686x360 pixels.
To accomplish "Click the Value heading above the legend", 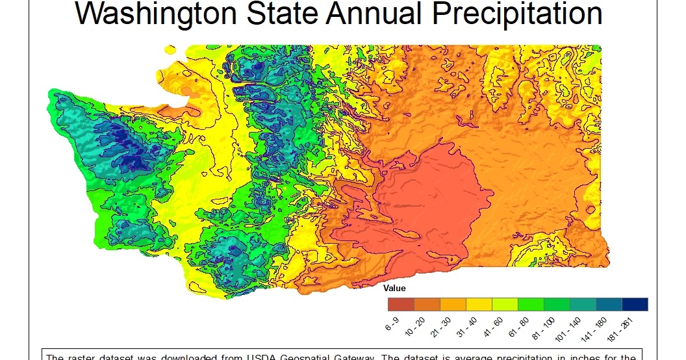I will click(394, 288).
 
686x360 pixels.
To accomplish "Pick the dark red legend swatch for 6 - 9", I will click(401, 304).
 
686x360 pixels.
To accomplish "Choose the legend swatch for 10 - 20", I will click(427, 304).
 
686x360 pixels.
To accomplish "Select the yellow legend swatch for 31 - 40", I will click(479, 304).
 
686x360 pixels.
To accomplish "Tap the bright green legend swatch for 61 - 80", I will click(531, 304).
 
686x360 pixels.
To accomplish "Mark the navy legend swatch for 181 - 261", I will click(635, 304).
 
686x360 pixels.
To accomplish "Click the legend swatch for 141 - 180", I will click(609, 304).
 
